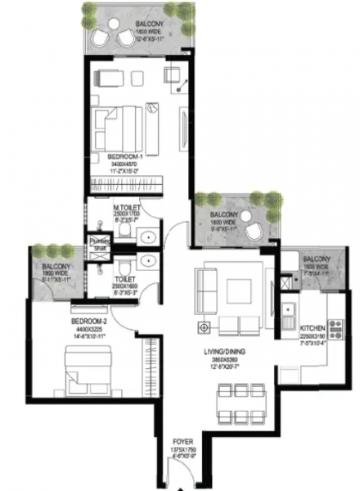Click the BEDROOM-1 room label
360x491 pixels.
[x=125, y=155]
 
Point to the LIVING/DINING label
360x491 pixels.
[x=228, y=351]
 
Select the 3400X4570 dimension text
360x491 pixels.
[x=125, y=164]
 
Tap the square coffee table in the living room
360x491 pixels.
[x=241, y=291]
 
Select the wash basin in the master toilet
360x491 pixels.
[x=148, y=238]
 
